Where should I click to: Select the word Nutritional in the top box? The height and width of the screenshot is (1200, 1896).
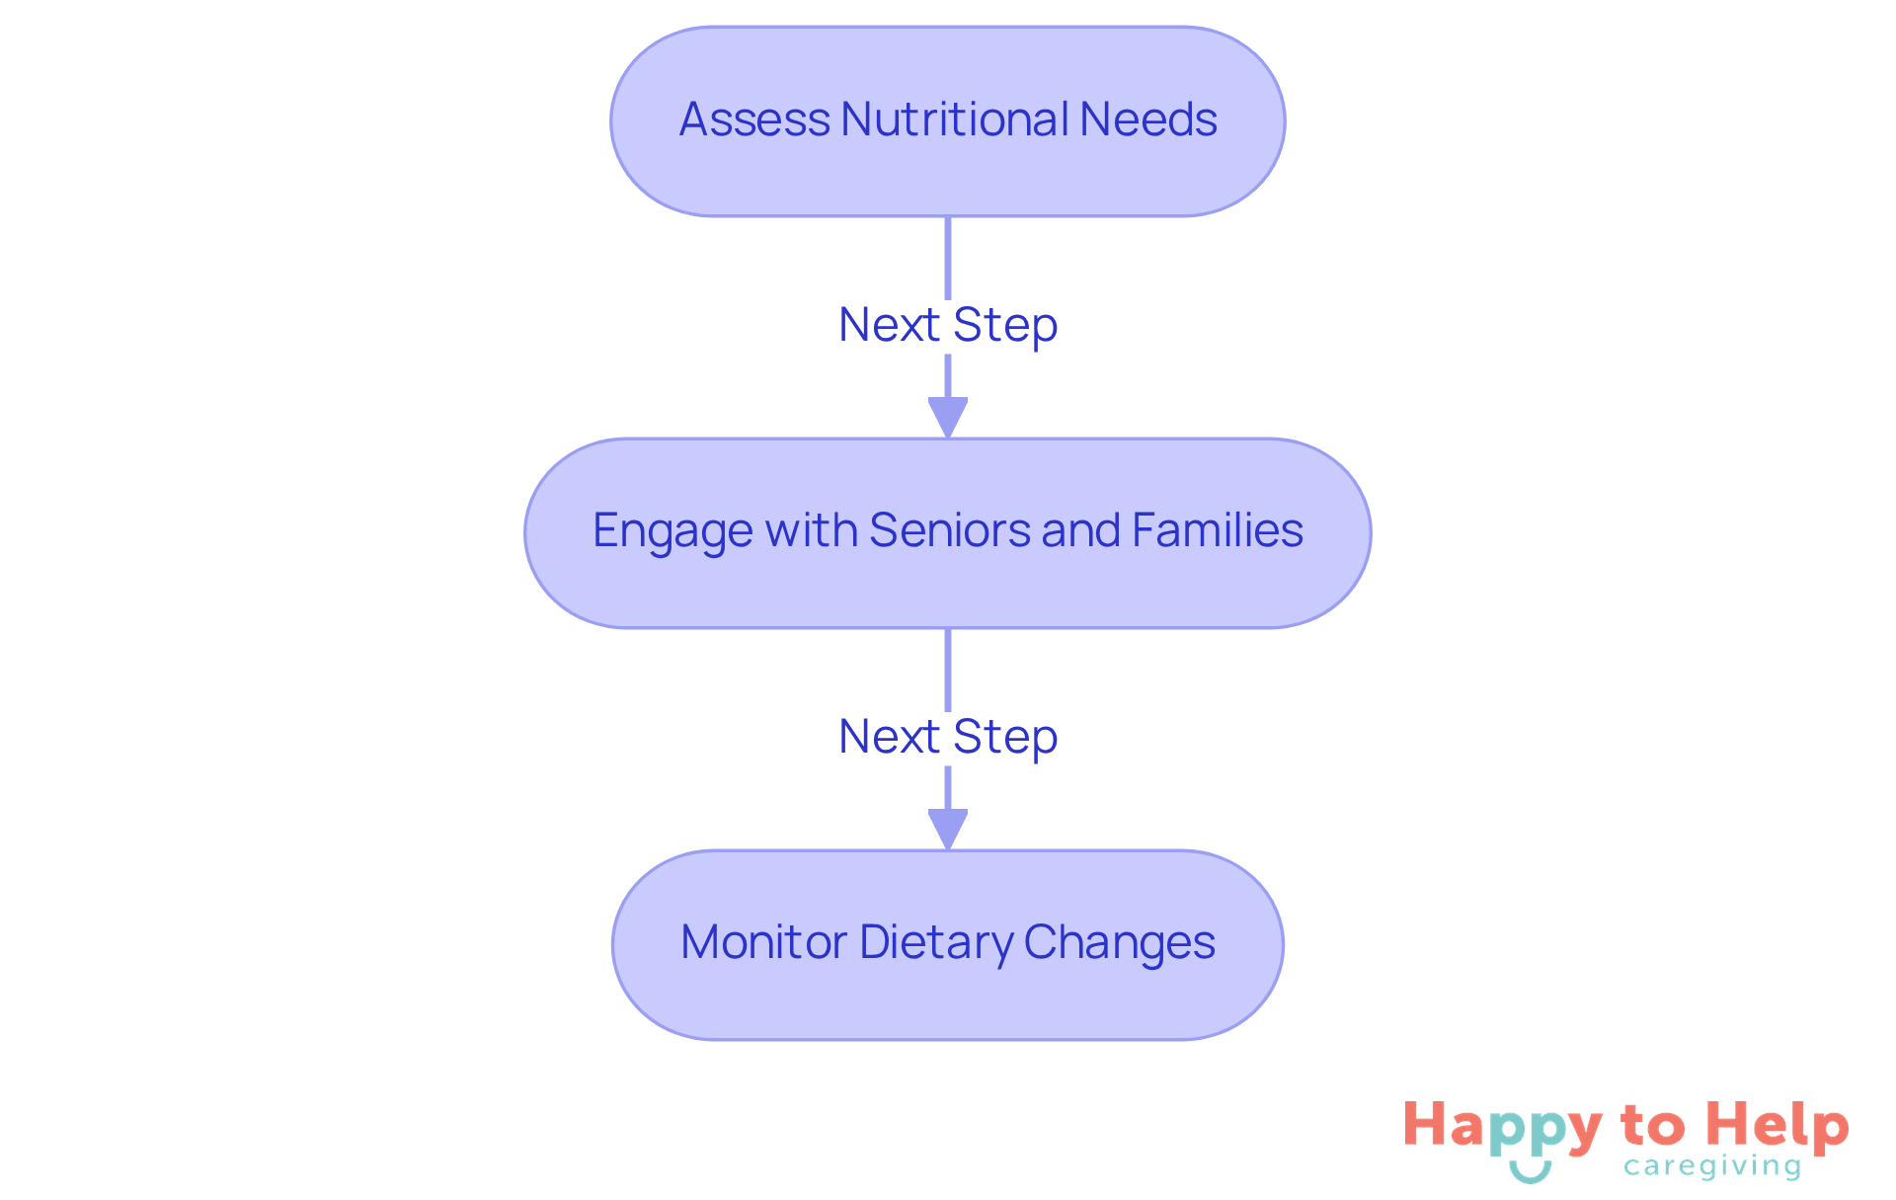[x=954, y=120]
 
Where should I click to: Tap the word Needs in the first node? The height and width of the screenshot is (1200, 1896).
[x=1147, y=120]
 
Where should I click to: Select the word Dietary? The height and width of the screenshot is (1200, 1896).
[x=936, y=942]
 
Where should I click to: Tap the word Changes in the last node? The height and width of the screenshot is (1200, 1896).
[x=1119, y=942]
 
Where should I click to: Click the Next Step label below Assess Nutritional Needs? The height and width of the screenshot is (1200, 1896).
[x=948, y=325]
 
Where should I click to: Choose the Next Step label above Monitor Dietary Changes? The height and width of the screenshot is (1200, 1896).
[x=948, y=737]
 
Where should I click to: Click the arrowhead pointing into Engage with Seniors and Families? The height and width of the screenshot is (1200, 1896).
[x=948, y=417]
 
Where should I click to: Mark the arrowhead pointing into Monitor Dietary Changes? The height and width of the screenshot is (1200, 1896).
[x=948, y=829]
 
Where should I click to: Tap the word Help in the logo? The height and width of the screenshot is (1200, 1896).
[x=1777, y=1126]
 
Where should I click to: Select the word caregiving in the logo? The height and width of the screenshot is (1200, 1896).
[x=1712, y=1167]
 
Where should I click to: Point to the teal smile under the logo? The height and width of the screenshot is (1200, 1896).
[x=1530, y=1171]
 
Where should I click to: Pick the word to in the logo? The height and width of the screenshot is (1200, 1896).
[x=1652, y=1126]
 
